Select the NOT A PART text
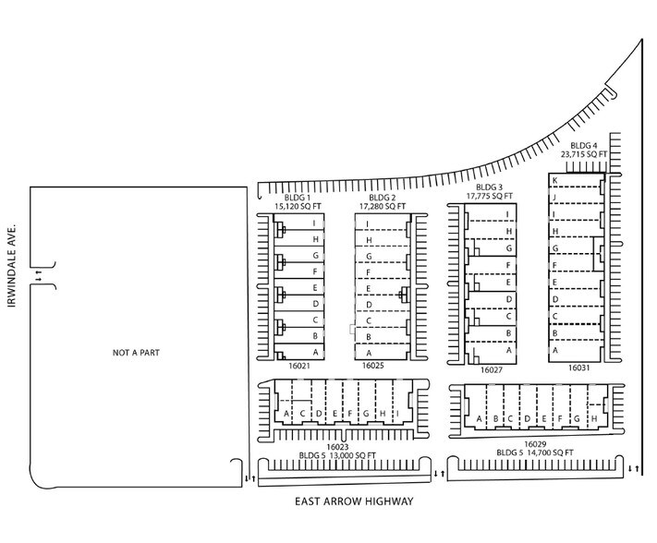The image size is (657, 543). pos(131,352)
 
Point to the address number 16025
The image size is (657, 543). pos(372,366)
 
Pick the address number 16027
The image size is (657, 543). pos(492,369)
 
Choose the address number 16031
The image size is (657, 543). pos(578,368)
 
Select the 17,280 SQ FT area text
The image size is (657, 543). pos(383,206)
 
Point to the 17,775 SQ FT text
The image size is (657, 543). pos(490,196)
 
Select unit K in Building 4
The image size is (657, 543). pos(554,179)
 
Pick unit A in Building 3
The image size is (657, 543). pos(508,351)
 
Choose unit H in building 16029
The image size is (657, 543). pos(593,419)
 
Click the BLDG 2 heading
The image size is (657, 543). pos(382,197)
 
